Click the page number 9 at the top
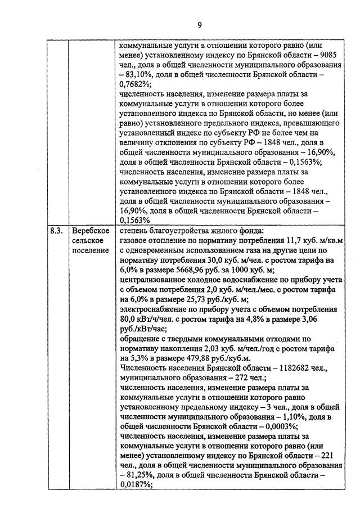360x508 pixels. (x=199, y=24)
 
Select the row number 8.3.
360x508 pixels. (x=56, y=231)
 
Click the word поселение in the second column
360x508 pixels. (x=91, y=250)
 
